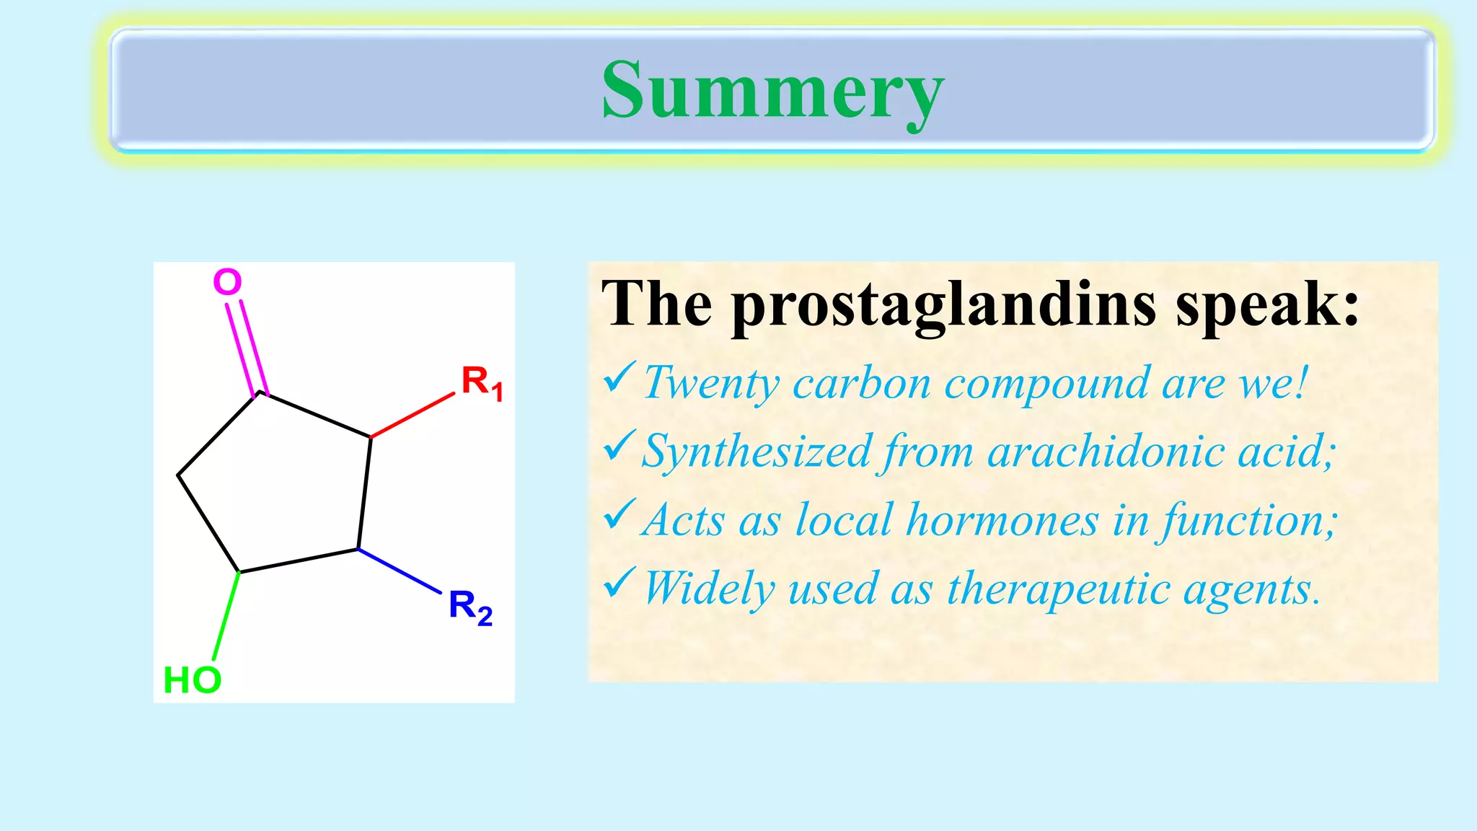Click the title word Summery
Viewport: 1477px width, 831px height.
[x=772, y=92]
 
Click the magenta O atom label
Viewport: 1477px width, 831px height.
[x=227, y=282]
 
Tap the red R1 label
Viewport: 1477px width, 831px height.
[x=481, y=382]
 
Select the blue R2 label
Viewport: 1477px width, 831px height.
[x=469, y=607]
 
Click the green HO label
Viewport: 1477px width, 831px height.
[x=192, y=680]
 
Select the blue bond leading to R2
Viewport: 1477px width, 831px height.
[x=400, y=571]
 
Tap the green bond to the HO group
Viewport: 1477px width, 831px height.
[x=226, y=615]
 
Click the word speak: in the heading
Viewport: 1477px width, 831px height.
[x=1267, y=305]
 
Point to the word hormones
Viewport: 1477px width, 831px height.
[x=1002, y=520]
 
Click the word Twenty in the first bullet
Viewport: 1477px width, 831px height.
[x=711, y=384]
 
